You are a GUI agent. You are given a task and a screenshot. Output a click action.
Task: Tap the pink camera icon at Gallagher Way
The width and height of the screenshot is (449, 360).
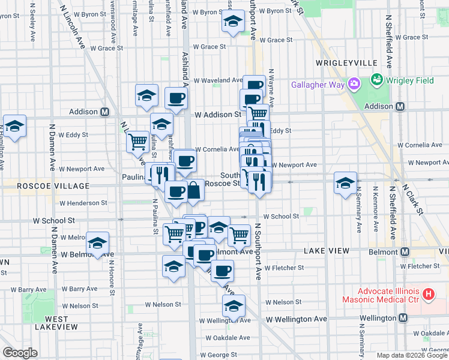point(354,83)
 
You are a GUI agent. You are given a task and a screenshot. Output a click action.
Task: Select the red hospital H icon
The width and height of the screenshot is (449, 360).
point(428,294)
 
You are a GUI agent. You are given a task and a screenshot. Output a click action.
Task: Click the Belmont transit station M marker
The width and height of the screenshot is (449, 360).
point(405,251)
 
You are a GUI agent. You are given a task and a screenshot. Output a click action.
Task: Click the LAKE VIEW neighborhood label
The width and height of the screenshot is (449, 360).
point(326,250)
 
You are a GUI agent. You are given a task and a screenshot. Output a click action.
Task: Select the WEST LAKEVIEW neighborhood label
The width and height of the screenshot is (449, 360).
point(56,323)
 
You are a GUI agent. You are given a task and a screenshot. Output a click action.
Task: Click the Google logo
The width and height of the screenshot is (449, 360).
point(20,353)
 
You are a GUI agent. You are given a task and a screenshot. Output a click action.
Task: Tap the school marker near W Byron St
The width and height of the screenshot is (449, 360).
point(233,22)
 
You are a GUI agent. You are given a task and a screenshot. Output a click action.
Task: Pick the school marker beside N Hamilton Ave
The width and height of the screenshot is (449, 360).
point(15,126)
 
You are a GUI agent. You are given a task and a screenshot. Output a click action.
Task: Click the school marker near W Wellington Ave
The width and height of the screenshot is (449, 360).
point(234,306)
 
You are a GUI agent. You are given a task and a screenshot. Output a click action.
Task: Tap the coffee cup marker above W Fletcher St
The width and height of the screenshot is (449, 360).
point(222,270)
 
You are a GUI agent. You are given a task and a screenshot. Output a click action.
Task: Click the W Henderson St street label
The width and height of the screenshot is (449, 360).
point(83,203)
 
